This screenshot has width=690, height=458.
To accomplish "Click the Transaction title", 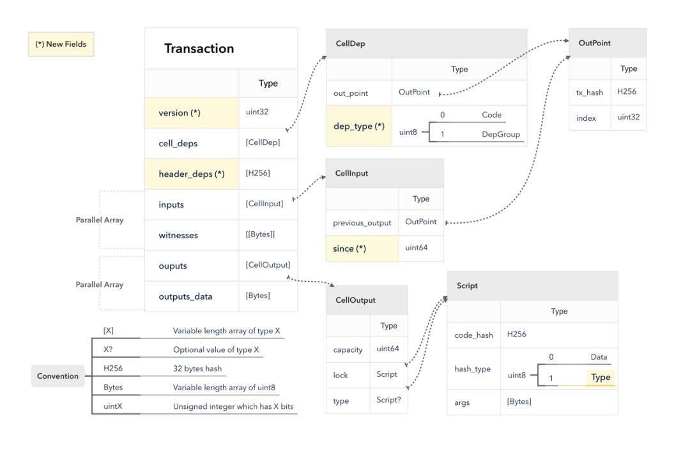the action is (199, 49).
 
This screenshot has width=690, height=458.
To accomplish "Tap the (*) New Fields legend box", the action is (61, 44).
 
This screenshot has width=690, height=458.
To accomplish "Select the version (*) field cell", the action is (192, 112).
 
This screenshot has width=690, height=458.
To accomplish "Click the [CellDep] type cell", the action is (268, 143).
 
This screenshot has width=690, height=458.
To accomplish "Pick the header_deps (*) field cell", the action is (192, 174).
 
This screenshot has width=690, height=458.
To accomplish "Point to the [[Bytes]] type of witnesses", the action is (260, 234).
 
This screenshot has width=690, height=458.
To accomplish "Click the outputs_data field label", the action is (185, 296).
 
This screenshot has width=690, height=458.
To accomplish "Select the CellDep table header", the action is (426, 43).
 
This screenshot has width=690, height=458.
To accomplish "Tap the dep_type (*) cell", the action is (359, 126).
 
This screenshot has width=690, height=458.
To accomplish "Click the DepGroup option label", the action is (501, 134).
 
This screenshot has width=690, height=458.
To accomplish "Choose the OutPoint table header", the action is (608, 43).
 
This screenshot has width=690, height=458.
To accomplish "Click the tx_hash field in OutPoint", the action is (589, 93).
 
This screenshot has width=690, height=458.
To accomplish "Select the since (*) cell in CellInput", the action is (362, 248).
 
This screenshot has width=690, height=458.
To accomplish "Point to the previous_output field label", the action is (362, 223).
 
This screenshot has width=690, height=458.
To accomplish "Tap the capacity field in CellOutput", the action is (348, 350).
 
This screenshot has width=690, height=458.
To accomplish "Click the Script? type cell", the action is (388, 400).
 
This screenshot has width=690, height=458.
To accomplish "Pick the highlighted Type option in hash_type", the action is (601, 378).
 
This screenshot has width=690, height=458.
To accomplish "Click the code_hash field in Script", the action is (473, 335).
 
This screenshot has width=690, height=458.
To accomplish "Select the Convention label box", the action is (57, 376).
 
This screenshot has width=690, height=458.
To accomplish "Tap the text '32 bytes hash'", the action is (197, 369).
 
